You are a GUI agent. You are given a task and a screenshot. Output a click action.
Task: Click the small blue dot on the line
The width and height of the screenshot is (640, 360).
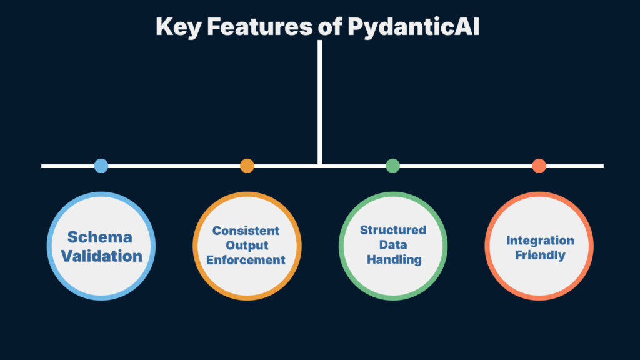101,166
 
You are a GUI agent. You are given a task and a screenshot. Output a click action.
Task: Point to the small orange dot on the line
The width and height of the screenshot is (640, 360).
247,166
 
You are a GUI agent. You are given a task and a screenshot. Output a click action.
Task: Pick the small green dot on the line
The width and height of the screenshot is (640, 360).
392,166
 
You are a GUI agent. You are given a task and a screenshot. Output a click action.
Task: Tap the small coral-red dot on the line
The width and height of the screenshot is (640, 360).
539,166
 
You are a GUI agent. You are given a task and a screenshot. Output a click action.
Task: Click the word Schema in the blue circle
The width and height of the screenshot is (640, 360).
100,237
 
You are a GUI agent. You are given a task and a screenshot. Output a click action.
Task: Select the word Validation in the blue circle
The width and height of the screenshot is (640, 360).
101,256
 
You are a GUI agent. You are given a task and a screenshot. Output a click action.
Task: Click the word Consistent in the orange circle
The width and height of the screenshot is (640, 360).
246,231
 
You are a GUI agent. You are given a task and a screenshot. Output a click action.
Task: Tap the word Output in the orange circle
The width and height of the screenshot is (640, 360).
246,245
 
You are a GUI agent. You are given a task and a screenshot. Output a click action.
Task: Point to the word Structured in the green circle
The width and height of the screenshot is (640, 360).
393,230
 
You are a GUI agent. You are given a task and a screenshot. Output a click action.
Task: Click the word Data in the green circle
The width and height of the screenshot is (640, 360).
393,244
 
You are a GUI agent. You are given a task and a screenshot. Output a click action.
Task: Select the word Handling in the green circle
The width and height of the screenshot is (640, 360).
394,259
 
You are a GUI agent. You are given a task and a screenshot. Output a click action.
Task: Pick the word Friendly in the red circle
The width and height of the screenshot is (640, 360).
539,255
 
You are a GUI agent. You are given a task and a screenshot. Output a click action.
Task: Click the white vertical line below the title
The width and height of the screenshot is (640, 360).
319,100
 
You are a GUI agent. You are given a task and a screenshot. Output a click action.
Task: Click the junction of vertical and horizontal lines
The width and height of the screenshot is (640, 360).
319,166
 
